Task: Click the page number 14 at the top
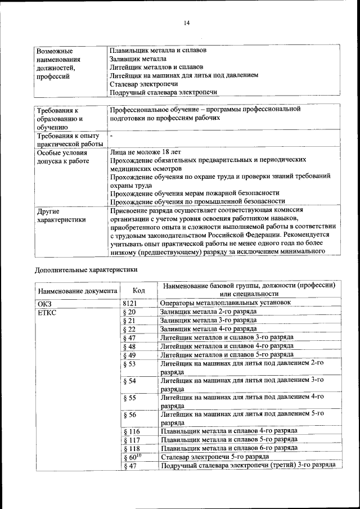point(186,22)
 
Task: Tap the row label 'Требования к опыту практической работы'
point(68,139)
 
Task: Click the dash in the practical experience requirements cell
point(111,136)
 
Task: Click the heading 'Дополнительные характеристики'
point(86,269)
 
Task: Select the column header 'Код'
point(138,290)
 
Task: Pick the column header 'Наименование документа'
point(78,291)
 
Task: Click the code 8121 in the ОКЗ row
point(130,303)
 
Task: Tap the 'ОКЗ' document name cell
point(44,303)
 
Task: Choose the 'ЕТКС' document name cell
point(47,312)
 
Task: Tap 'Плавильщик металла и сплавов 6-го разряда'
point(229,448)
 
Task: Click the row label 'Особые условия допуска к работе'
point(62,156)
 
